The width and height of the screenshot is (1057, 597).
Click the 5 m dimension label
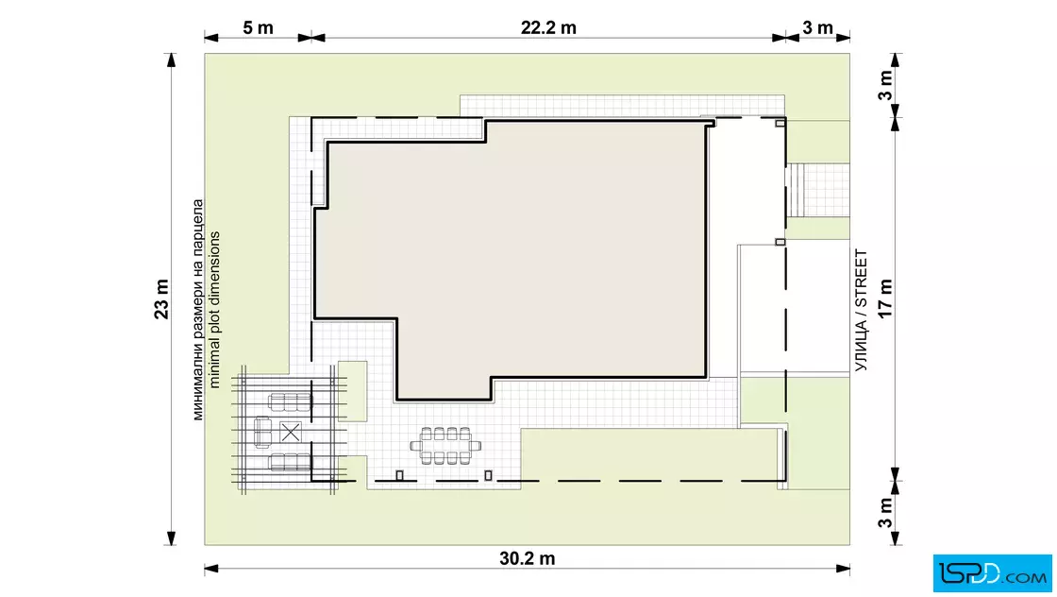coord(259,27)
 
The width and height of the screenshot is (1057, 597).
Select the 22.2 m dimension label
coord(548,27)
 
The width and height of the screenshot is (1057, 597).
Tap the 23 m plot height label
coord(161,298)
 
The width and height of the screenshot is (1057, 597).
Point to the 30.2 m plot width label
coord(528,558)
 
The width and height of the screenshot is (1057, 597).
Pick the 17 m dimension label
coord(885,298)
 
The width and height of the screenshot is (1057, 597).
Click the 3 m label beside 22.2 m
coord(817,27)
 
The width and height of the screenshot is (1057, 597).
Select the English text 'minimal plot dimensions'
coord(214,310)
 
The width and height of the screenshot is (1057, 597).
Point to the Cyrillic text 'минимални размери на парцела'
coord(197,310)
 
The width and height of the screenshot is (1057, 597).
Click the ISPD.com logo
coord(992,573)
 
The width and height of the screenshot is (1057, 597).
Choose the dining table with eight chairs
coord(445,446)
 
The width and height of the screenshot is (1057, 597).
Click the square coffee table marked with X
coord(291,432)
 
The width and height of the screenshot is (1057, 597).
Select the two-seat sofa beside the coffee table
coord(262,433)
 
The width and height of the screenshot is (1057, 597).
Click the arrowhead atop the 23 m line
coord(171,60)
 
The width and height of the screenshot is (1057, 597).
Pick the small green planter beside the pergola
coord(353,391)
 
